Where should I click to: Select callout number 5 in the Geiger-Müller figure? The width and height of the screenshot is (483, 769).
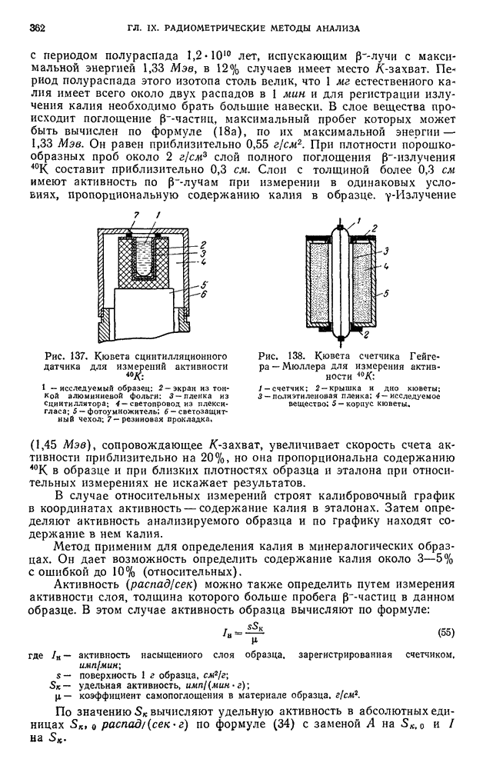(399, 293)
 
